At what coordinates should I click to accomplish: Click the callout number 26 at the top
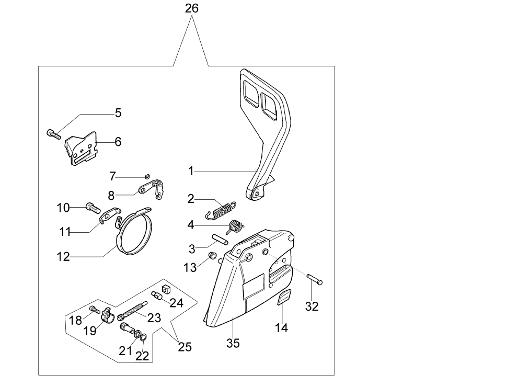192,8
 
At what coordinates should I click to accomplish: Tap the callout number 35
233,344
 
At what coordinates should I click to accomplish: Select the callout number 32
312,306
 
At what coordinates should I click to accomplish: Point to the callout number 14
281,328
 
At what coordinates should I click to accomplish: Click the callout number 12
63,257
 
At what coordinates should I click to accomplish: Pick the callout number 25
185,347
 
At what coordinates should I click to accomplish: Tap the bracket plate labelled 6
83,150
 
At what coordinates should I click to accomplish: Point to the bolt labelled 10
93,208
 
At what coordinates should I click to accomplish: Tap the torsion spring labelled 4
236,226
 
